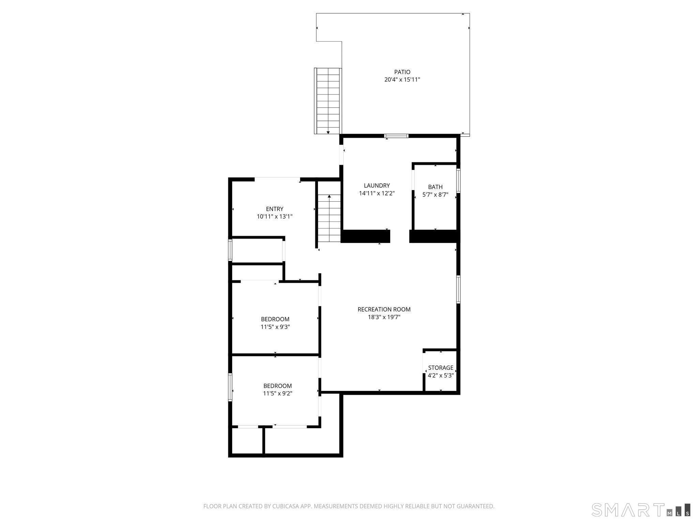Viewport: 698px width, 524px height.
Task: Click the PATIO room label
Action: (x=402, y=72)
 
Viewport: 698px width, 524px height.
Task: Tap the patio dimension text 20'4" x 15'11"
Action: (x=402, y=80)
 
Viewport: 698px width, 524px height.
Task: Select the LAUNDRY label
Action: (x=377, y=186)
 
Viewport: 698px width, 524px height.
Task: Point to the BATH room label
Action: (x=435, y=187)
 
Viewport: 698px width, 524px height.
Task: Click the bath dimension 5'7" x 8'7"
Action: (x=435, y=195)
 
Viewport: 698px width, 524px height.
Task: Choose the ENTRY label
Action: (x=275, y=209)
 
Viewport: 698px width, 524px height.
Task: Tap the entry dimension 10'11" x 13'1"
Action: (x=275, y=217)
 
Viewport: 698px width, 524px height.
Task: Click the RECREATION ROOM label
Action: (x=384, y=309)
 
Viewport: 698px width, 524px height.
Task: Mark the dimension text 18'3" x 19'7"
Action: (x=384, y=317)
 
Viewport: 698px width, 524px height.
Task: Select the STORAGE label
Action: (x=441, y=368)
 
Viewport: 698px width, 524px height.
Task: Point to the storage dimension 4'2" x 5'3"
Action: (x=441, y=376)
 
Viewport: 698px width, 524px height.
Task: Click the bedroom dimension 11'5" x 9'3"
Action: (x=275, y=327)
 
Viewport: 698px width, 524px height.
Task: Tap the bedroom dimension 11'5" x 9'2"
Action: (x=277, y=394)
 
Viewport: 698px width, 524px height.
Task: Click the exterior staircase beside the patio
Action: (x=328, y=101)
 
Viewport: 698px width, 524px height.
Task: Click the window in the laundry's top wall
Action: (x=396, y=136)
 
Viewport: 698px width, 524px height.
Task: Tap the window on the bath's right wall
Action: (x=458, y=181)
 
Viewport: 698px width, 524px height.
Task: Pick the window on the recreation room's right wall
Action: (x=458, y=289)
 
